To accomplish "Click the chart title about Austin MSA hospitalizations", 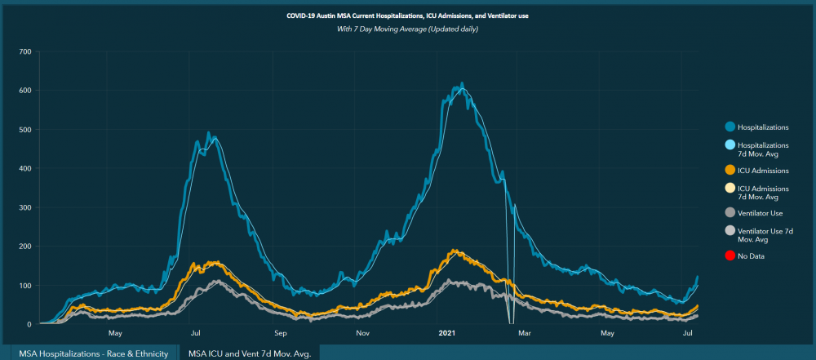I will pos(408,16).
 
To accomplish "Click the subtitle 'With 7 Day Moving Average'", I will pos(408,29).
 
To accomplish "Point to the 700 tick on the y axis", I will pos(24,51).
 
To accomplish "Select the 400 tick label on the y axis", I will pos(24,168).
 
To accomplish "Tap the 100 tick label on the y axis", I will pos(24,285).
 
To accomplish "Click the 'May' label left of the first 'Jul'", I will pos(115,333).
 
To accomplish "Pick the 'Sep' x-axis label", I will pos(281,333).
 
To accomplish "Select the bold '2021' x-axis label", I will pos(447,333).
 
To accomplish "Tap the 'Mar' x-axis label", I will pos(525,333).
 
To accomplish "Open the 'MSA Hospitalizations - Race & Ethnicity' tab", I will pos(94,353).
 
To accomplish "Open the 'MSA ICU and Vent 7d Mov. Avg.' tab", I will pos(250,353).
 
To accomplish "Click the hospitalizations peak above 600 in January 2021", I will pos(462,83).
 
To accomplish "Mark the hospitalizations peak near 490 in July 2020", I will pos(208,133).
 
